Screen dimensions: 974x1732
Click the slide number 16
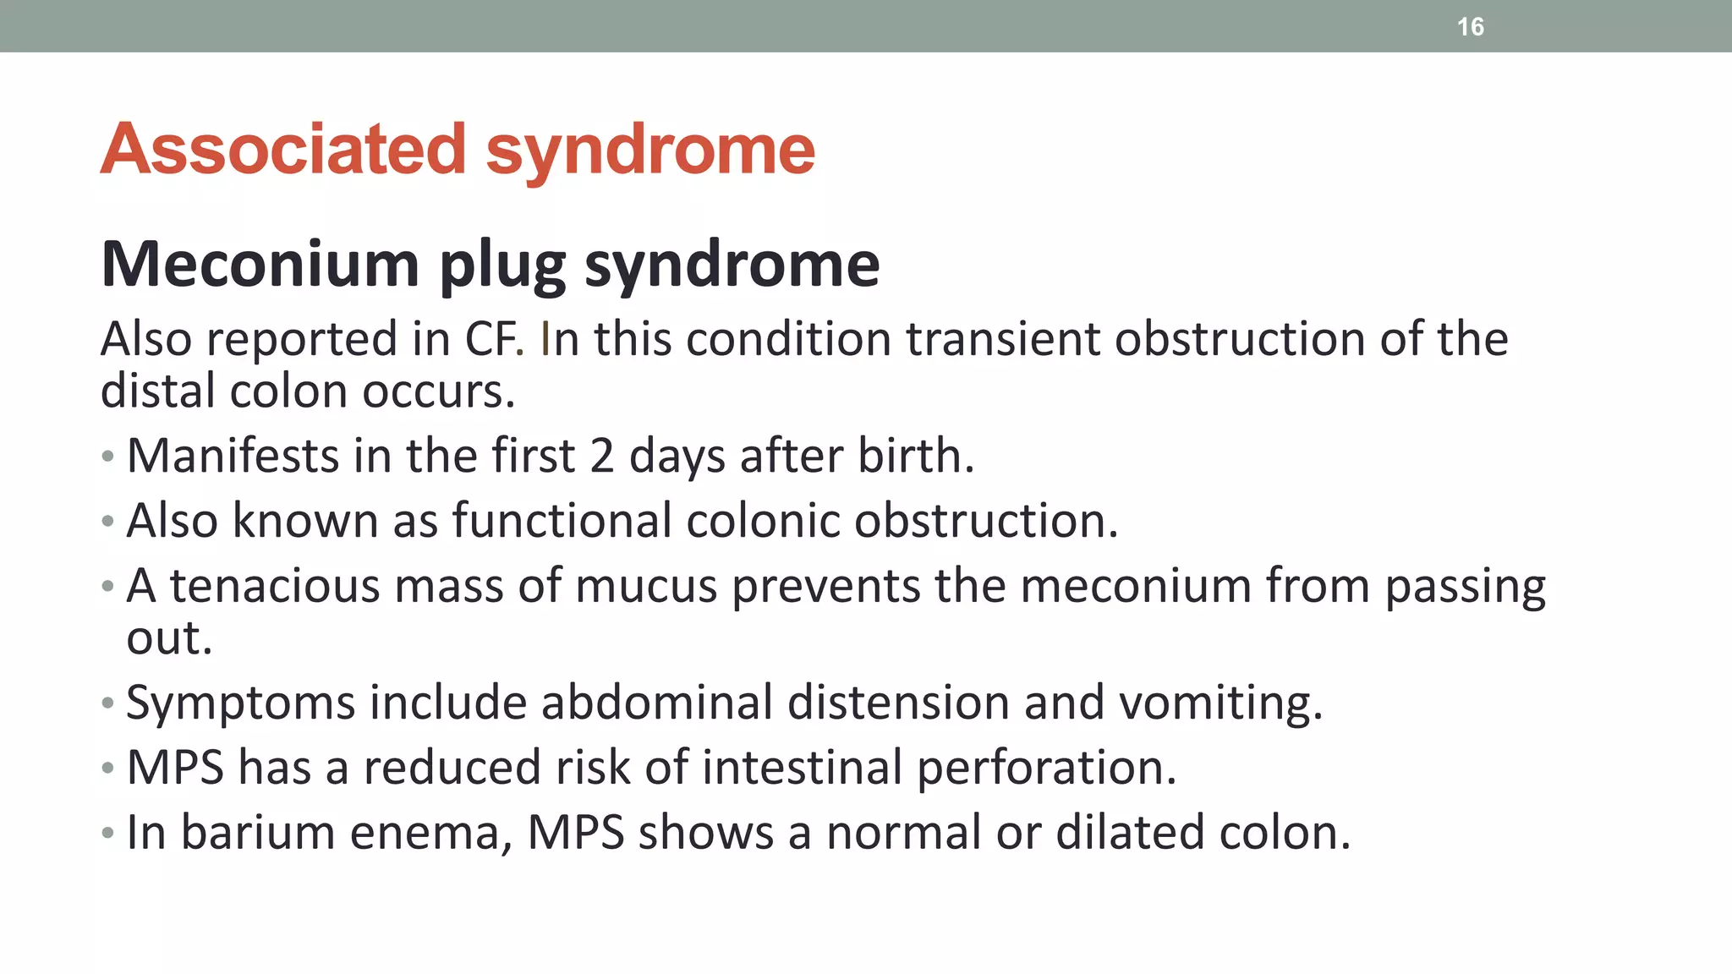point(1470,27)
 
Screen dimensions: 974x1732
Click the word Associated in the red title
point(283,150)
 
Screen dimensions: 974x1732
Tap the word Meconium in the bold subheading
point(260,265)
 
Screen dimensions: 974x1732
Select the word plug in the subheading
point(502,265)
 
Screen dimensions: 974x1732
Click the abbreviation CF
point(494,339)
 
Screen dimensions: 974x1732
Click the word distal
point(157,391)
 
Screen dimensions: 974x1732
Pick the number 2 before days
point(601,456)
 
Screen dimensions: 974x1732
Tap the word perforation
point(1046,768)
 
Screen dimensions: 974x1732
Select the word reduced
point(452,768)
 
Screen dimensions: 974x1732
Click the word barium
point(258,832)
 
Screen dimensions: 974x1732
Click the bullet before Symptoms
point(107,703)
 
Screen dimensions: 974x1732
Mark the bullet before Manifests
point(107,457)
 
